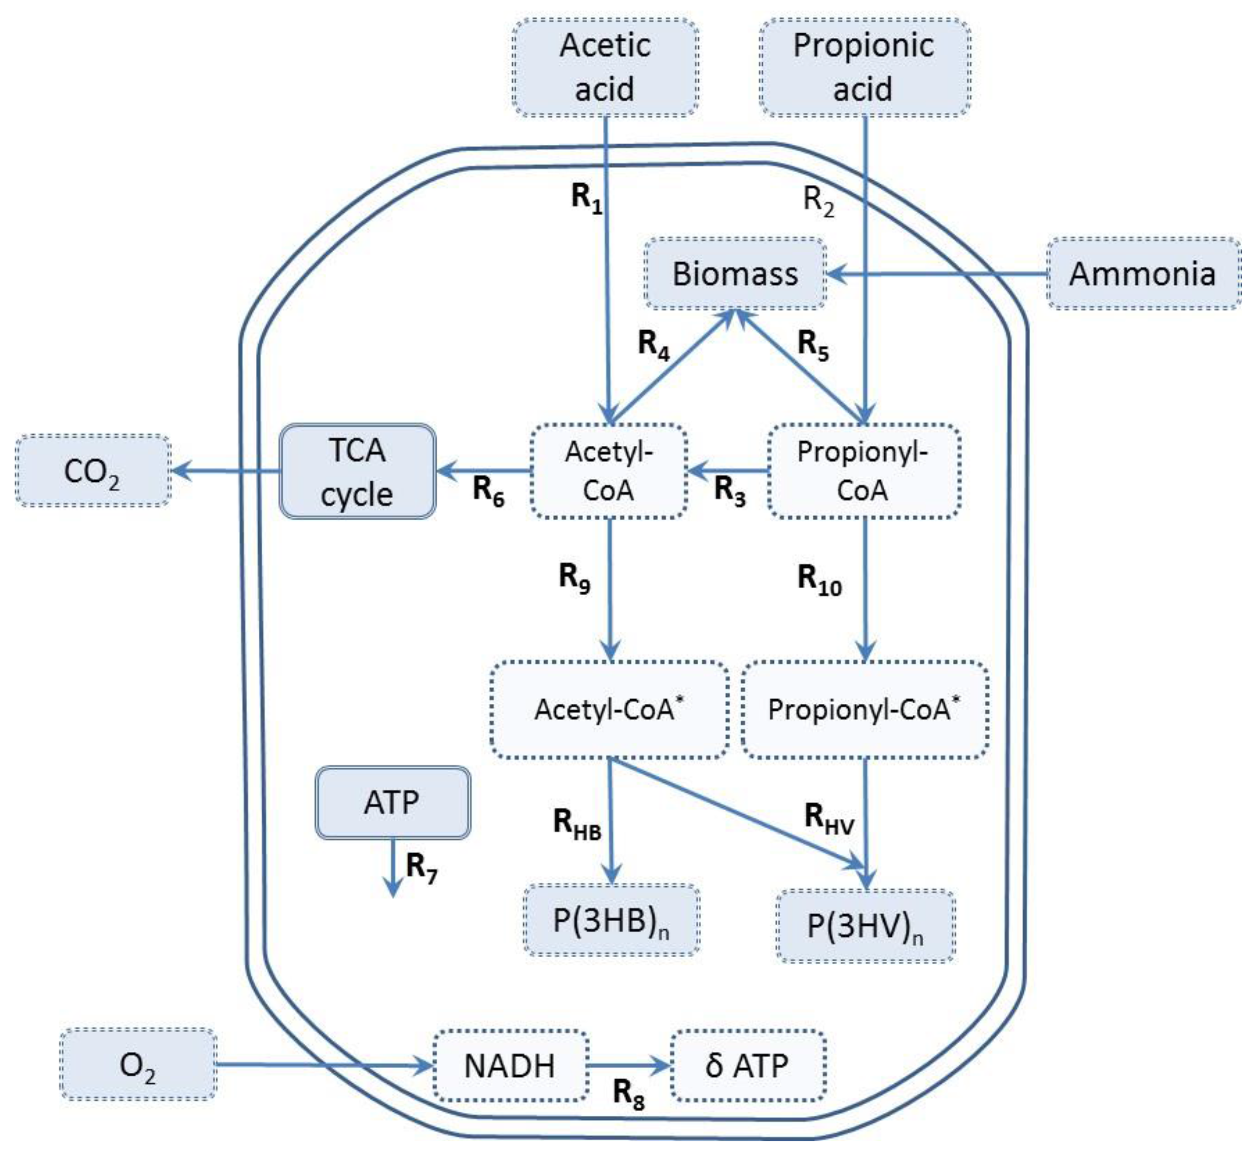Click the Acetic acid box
605,68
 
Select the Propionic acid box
864,68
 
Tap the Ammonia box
1143,274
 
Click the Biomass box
735,274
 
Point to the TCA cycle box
357,472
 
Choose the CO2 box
92,470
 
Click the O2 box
138,1065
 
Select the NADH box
510,1065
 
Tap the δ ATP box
747,1065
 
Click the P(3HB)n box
611,921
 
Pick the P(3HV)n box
866,926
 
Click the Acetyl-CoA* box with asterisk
610,709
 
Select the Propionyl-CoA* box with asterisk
864,709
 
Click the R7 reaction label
421,867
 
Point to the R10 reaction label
819,580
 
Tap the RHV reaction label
829,818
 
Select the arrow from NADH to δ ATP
628,1065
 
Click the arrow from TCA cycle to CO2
225,470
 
